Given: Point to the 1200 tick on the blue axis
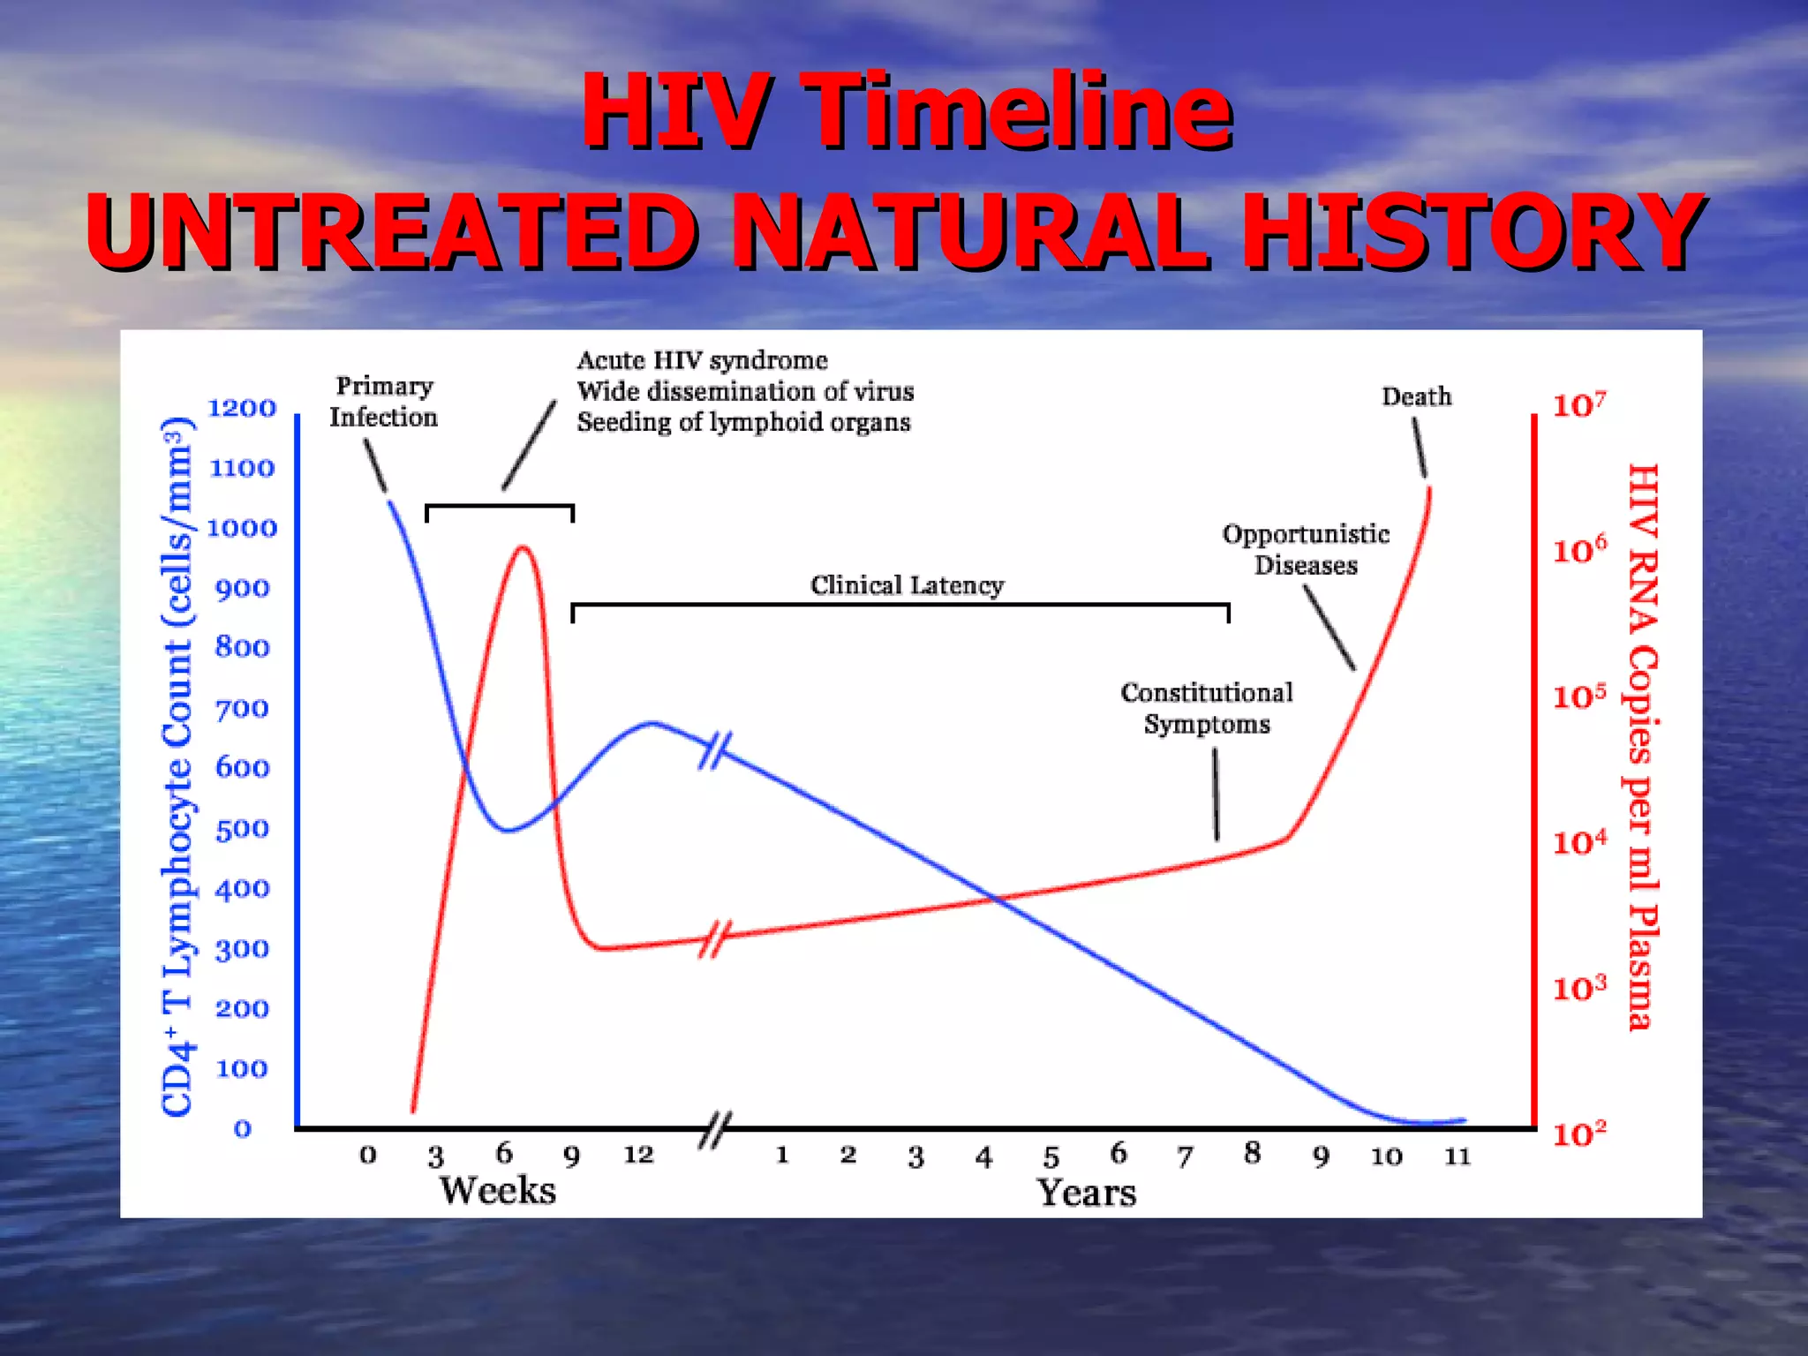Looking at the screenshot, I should click(x=241, y=408).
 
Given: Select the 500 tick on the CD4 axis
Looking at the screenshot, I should click(x=242, y=829).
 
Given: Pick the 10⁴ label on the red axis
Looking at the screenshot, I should click(x=1579, y=843).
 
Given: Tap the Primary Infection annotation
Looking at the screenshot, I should click(x=383, y=402).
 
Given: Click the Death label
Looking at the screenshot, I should click(x=1416, y=397).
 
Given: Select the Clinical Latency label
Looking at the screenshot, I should click(x=907, y=585).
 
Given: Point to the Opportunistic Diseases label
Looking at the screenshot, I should click(x=1306, y=549).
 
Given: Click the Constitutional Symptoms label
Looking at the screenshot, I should click(x=1207, y=708).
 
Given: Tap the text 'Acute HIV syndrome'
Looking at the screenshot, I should click(x=702, y=360).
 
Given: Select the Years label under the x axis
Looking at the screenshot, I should click(x=1086, y=1193).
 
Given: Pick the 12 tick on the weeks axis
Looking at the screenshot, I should click(x=638, y=1155).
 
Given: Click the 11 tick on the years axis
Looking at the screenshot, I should click(x=1458, y=1156).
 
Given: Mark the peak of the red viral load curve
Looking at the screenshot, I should click(x=524, y=547).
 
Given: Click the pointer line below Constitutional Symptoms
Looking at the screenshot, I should click(x=1216, y=795).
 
